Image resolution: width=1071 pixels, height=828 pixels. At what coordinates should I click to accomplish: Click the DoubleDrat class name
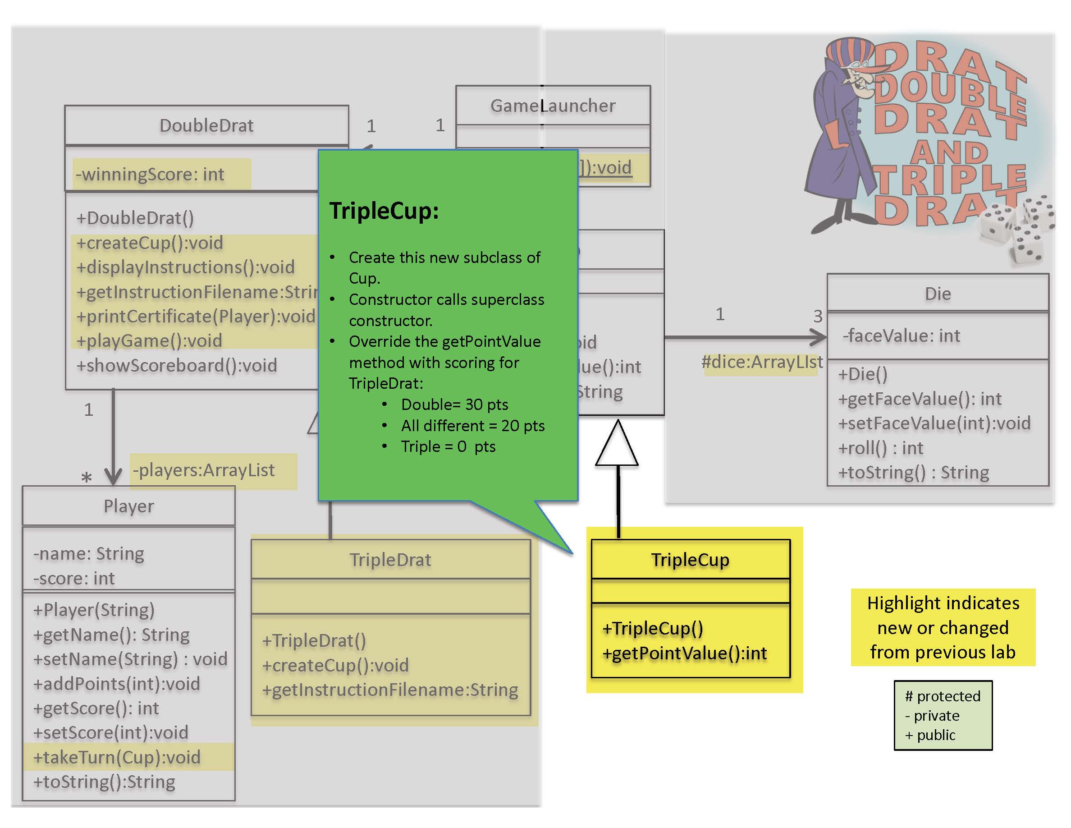tap(206, 125)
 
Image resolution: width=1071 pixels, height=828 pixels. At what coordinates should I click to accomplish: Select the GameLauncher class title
tap(553, 106)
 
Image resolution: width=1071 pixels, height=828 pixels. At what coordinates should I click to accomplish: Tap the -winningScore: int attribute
tap(150, 174)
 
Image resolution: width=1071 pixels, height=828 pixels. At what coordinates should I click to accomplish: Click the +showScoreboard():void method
tap(177, 365)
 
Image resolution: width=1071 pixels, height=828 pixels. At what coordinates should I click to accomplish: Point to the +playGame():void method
tap(149, 340)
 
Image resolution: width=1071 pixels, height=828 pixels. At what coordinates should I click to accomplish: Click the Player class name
tap(128, 506)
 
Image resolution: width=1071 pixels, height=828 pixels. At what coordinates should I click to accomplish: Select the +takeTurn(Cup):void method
tap(117, 757)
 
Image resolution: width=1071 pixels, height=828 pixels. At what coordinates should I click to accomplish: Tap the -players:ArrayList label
tap(203, 470)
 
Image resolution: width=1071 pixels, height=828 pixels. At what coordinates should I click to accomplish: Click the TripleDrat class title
tap(390, 560)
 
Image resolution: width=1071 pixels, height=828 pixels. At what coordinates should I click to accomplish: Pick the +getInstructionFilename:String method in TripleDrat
tap(390, 690)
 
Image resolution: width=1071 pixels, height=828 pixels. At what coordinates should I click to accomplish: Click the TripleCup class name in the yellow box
tap(690, 560)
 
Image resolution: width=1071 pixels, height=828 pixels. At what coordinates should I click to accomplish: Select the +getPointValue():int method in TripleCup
tap(685, 653)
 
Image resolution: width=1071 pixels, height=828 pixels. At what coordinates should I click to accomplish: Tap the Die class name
tap(938, 294)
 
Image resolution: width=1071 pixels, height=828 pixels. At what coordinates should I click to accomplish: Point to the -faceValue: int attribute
tap(902, 336)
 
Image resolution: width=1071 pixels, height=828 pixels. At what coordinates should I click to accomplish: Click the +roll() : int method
tap(881, 448)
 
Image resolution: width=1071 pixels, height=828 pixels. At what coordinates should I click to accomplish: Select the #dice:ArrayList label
tap(762, 362)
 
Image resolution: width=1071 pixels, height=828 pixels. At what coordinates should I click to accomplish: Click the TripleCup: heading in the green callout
tap(384, 211)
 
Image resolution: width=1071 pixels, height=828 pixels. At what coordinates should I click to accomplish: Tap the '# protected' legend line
tap(942, 696)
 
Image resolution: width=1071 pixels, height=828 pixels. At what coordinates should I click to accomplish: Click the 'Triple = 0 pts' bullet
tap(448, 446)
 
